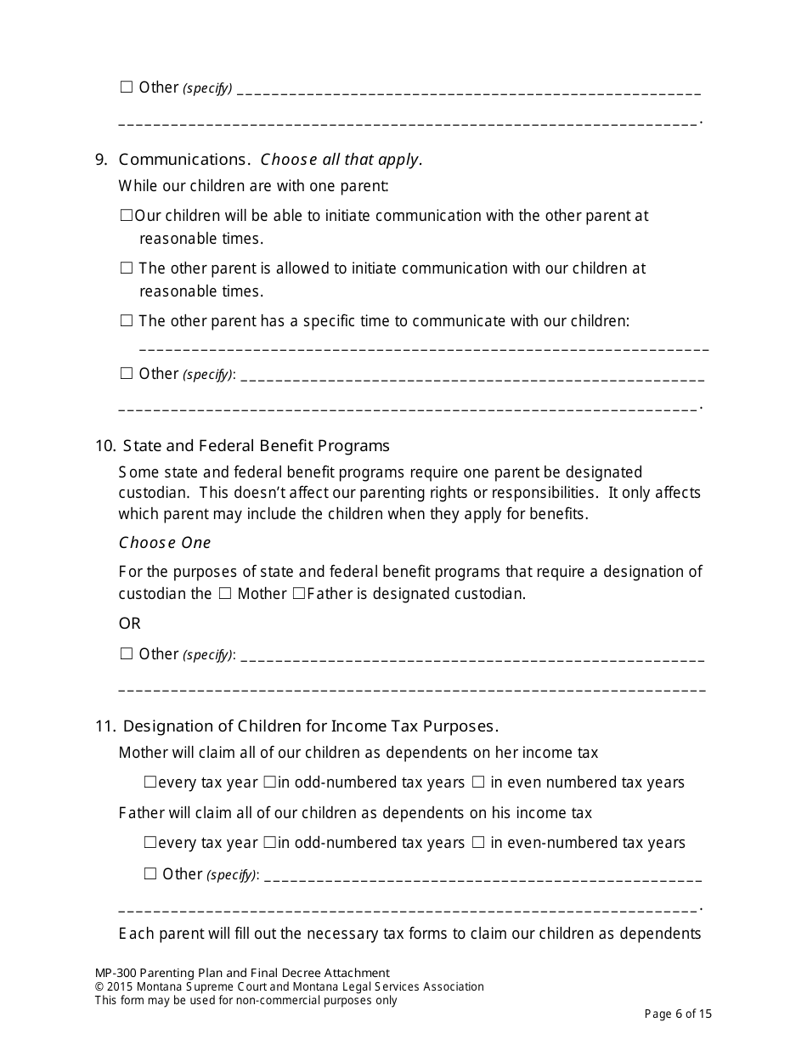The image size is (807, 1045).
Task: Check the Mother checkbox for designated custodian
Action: coord(225,594)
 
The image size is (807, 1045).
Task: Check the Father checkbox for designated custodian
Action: coord(298,594)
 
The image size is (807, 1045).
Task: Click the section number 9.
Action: coord(101,160)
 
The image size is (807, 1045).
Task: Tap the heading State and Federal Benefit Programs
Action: coord(256,446)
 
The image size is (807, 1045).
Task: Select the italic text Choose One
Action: coord(165,543)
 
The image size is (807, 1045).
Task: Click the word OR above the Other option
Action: coord(130,624)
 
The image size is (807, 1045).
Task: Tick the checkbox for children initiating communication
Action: coord(127,216)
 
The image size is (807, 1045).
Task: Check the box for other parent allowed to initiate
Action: coord(127,268)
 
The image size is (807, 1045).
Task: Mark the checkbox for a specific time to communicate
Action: coord(127,321)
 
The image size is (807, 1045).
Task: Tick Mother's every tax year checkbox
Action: coord(150,782)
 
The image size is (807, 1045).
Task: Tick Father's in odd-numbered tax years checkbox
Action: coord(268,843)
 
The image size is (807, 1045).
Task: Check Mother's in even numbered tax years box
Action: coord(478,782)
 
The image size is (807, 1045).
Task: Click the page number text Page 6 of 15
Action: coord(678,1014)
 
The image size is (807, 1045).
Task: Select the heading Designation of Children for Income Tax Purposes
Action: coord(310,726)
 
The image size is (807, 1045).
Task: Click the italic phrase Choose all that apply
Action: coord(341,160)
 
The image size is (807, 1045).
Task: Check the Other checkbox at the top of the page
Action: coord(127,87)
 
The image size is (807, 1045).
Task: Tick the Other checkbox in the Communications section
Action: coord(127,373)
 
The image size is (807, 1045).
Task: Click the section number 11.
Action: coord(104,726)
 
